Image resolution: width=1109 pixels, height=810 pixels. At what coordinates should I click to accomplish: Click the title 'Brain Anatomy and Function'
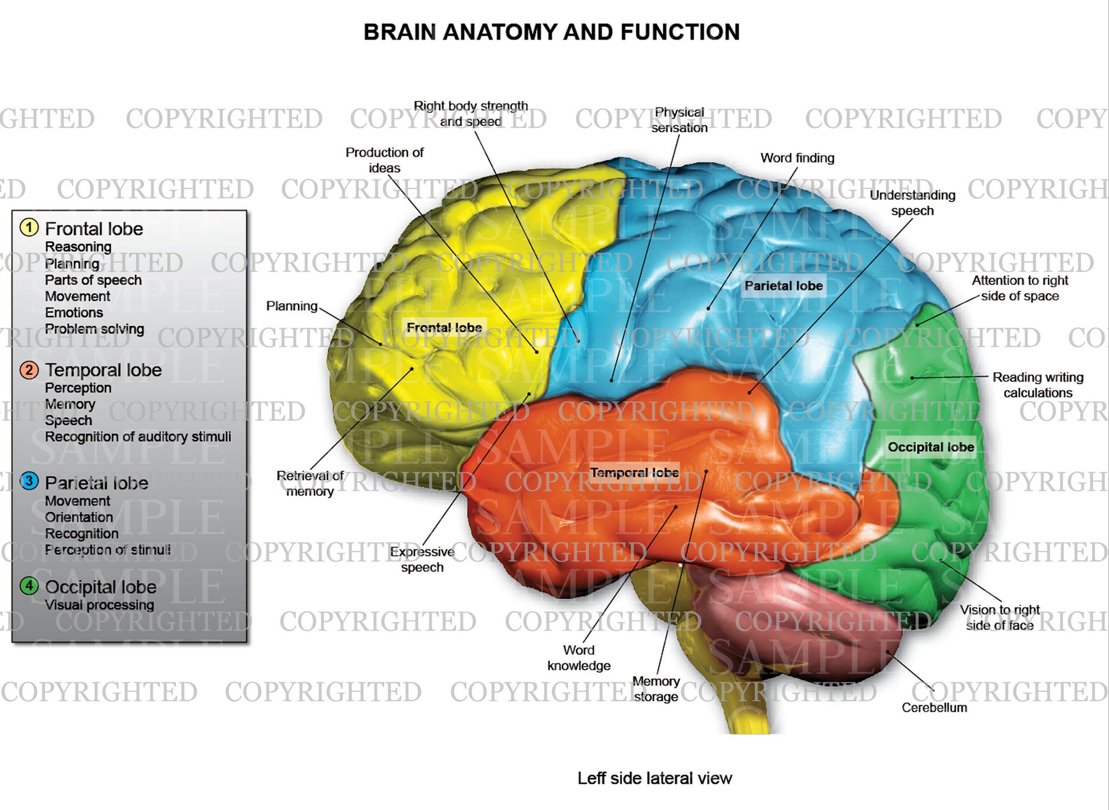tap(551, 32)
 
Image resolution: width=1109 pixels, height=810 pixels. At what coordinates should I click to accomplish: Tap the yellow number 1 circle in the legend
tap(29, 227)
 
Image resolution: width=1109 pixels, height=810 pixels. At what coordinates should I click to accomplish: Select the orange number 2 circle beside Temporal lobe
tap(29, 370)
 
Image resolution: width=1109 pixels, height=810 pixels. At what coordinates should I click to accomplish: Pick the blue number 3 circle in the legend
tap(29, 481)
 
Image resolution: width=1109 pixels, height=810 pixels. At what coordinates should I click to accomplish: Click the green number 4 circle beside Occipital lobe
tap(29, 585)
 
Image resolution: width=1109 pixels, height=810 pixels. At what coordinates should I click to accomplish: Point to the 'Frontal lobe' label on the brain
tap(444, 328)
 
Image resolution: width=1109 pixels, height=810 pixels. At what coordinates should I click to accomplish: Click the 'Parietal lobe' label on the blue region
tap(784, 286)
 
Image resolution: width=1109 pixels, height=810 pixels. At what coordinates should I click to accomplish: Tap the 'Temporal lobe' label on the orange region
tap(634, 473)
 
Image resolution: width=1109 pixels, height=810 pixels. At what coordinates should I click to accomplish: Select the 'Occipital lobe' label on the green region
tap(931, 447)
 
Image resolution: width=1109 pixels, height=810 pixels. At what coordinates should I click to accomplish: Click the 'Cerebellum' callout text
tap(934, 707)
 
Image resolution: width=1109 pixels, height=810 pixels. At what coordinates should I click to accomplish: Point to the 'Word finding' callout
tap(797, 158)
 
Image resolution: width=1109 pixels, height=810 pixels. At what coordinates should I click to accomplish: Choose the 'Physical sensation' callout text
tap(679, 120)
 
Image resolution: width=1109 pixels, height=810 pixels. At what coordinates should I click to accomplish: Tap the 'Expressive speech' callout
tap(422, 559)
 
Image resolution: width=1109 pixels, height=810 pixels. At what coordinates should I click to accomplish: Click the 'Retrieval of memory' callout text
tap(310, 483)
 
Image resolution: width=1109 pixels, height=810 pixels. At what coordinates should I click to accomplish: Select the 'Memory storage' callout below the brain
tap(656, 689)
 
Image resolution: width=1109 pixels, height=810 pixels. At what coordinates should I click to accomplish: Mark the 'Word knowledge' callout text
tap(579, 658)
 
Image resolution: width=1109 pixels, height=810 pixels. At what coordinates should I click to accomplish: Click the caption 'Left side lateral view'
tap(654, 778)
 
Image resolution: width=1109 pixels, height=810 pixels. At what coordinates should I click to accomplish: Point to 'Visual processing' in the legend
tap(99, 605)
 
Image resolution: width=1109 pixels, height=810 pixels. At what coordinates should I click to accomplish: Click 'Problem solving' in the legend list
tap(95, 329)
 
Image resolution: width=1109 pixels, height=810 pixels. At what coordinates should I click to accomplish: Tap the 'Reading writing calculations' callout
tap(1037, 385)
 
